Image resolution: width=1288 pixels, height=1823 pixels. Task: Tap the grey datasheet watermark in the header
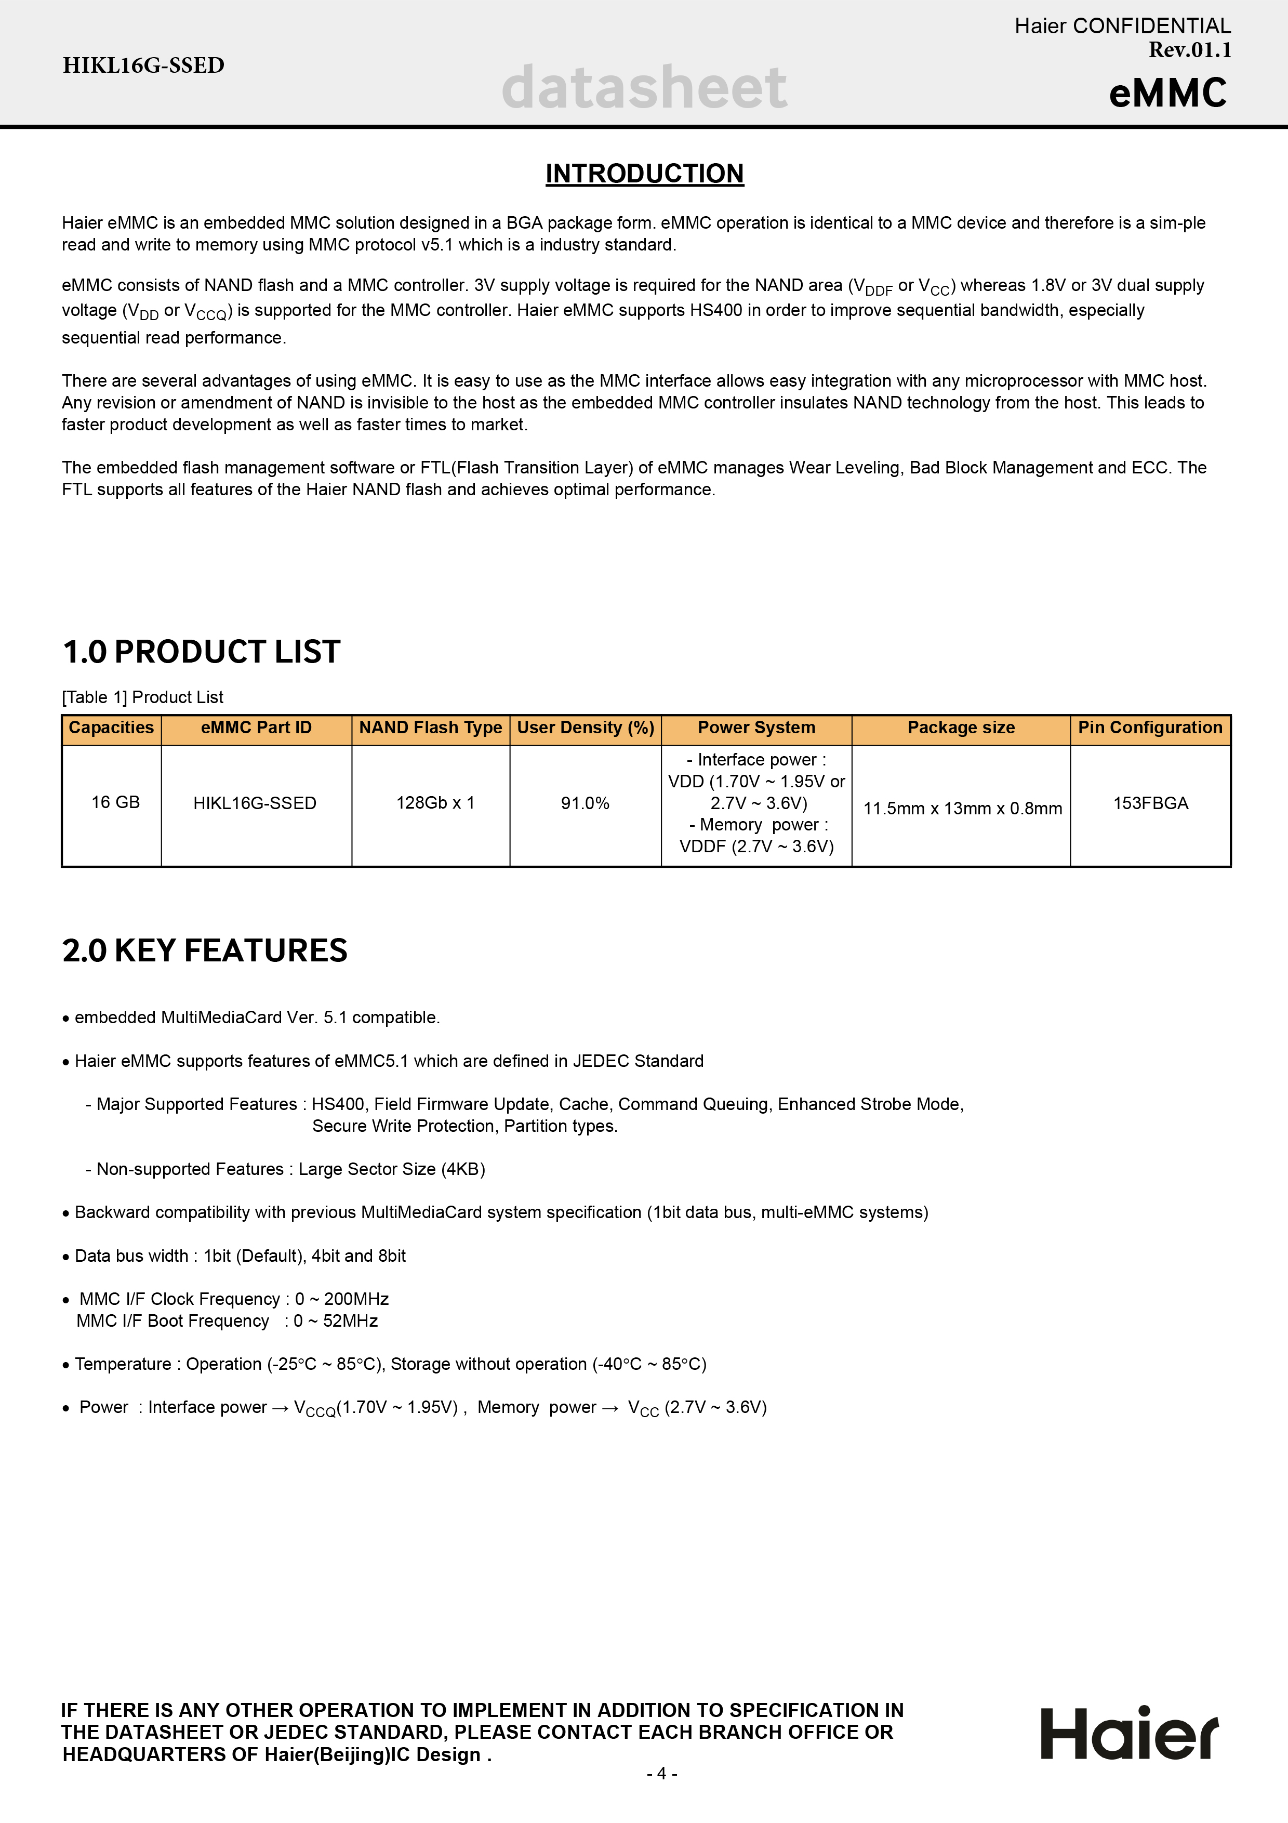pos(644,87)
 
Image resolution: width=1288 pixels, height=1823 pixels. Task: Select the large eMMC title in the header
pos(1167,93)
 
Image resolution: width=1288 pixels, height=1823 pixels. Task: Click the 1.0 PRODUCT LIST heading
pos(202,652)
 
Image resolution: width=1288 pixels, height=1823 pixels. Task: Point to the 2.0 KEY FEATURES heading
pos(205,950)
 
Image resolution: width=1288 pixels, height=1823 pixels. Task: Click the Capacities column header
pos(111,728)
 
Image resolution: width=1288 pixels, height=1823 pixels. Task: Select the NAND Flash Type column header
pos(430,728)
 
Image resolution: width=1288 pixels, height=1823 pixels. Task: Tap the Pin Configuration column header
pos(1149,728)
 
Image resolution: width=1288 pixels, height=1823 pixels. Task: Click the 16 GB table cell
pos(115,803)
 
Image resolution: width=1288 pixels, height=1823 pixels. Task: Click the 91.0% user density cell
pos(585,803)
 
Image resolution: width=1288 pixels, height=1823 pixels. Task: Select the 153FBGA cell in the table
pos(1150,803)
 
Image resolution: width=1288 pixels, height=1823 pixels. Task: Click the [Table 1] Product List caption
pos(143,697)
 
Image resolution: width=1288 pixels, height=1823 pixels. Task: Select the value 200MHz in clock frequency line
pos(356,1299)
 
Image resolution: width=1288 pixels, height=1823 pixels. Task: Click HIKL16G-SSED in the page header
pos(143,65)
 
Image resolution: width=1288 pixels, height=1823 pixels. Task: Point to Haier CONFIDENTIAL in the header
pos(1122,26)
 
